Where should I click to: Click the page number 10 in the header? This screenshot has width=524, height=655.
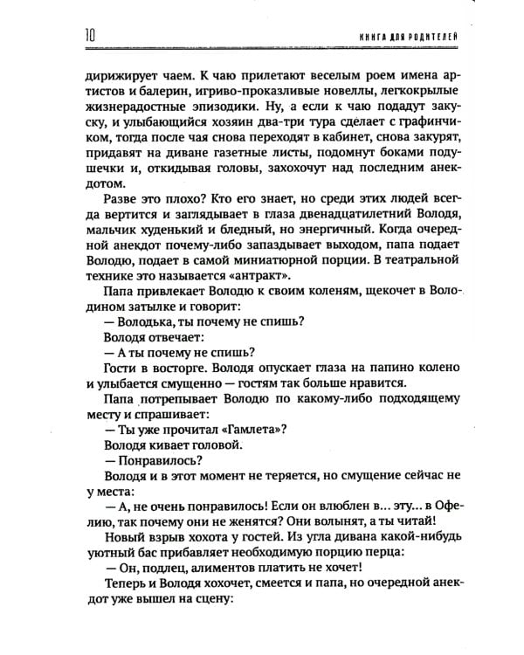[x=90, y=36]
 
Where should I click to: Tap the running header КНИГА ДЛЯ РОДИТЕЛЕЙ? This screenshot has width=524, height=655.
[x=409, y=37]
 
